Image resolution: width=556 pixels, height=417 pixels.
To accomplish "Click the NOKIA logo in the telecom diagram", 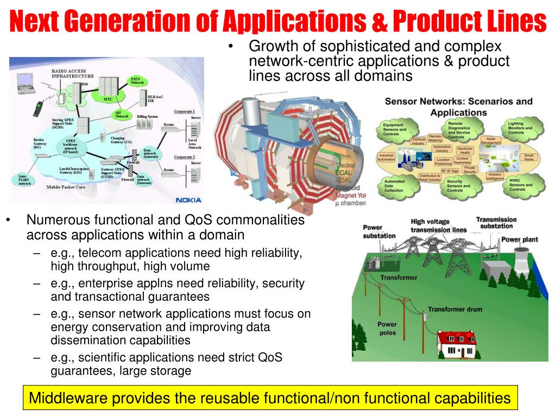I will pyautogui.click(x=188, y=200).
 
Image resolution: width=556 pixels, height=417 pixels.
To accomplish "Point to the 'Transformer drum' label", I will pyautogui.click(x=454, y=309).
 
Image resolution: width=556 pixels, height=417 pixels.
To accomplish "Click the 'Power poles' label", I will pyautogui.click(x=387, y=328).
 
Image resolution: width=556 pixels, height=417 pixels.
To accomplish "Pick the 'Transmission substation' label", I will pyautogui.click(x=496, y=223).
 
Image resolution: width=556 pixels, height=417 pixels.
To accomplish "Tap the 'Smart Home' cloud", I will pyautogui.click(x=528, y=157).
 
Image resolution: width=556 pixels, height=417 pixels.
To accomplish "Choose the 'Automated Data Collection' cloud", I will pyautogui.click(x=394, y=186).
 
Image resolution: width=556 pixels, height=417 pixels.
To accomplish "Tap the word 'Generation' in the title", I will pyautogui.click(x=114, y=21).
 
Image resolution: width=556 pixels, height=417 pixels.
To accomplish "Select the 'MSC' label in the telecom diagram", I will pyautogui.click(x=108, y=100).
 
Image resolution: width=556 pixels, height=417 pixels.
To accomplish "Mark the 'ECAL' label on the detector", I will pyautogui.click(x=345, y=173).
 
